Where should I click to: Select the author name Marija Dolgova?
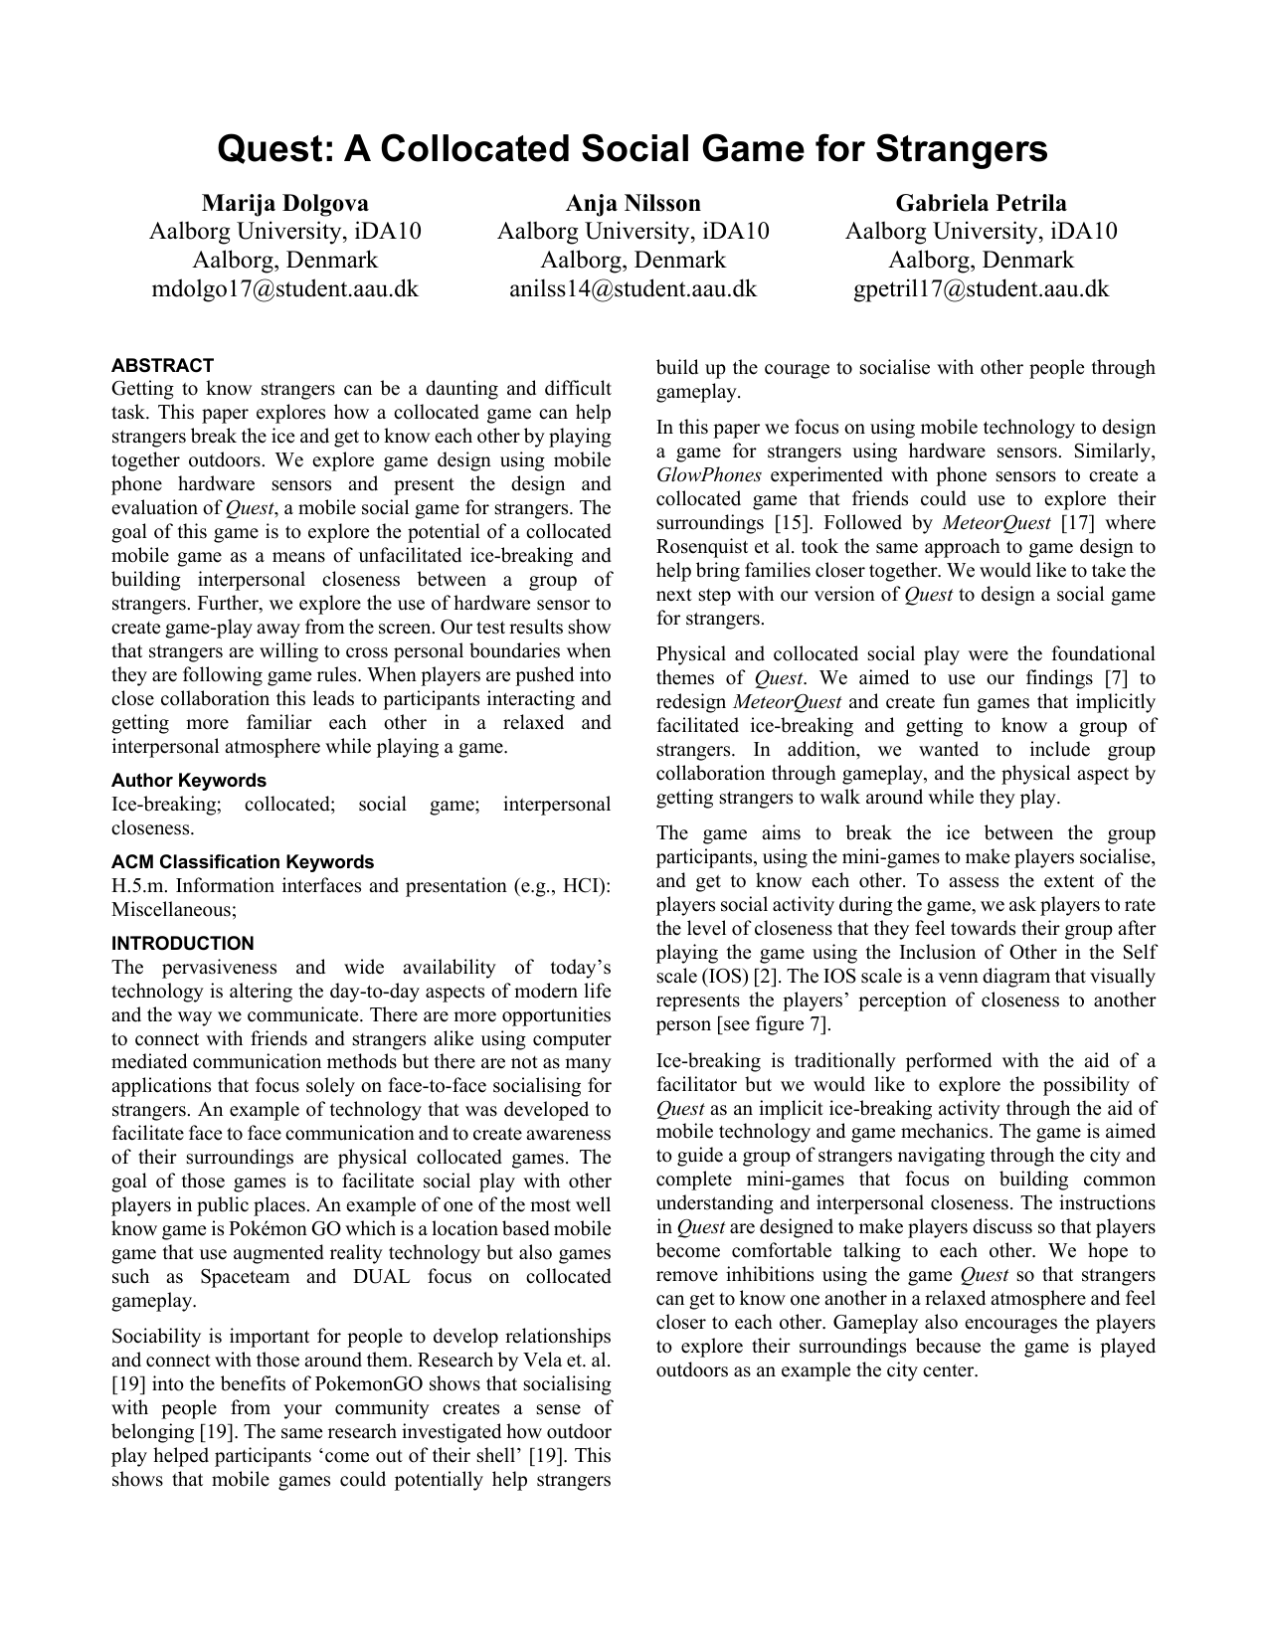pyautogui.click(x=284, y=203)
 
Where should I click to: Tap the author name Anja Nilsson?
pyautogui.click(x=633, y=203)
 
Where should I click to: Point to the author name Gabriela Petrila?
pyautogui.click(x=981, y=203)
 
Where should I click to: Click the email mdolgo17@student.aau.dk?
pyautogui.click(x=284, y=289)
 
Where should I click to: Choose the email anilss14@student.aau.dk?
pyautogui.click(x=633, y=289)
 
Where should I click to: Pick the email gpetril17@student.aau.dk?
pyautogui.click(x=981, y=289)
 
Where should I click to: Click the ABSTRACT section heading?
pyautogui.click(x=162, y=365)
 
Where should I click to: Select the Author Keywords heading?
pyautogui.click(x=189, y=781)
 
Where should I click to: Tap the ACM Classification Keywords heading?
pyautogui.click(x=243, y=862)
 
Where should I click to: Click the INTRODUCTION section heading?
pyautogui.click(x=182, y=944)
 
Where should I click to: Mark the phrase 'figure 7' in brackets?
pyautogui.click(x=791, y=1024)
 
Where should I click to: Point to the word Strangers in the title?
pyautogui.click(x=961, y=149)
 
